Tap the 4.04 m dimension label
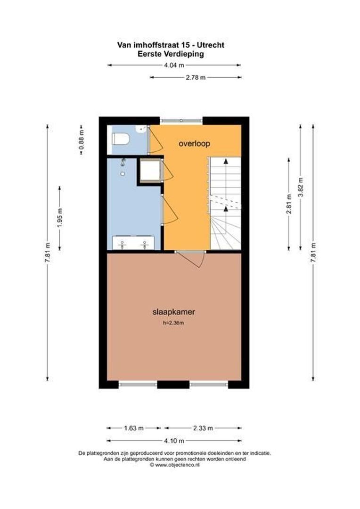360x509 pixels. (174, 66)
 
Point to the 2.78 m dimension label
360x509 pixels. (196, 77)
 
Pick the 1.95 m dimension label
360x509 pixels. (60, 217)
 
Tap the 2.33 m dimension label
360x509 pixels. (204, 428)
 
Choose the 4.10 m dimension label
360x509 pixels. (174, 441)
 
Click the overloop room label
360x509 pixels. (194, 143)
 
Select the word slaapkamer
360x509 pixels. (174, 312)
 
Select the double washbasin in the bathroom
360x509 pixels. (134, 244)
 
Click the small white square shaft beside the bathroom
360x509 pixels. (150, 171)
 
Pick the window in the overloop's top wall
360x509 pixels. (181, 121)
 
